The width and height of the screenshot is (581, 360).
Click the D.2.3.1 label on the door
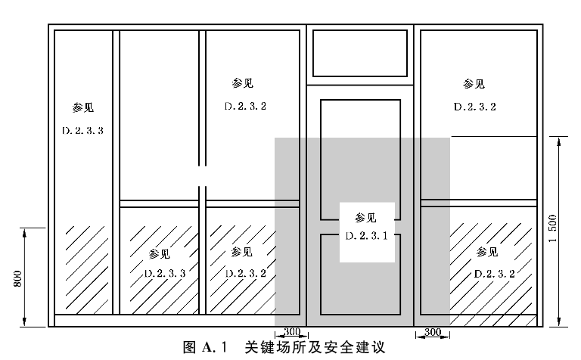(x=366, y=236)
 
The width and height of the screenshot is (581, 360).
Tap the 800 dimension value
(x=17, y=278)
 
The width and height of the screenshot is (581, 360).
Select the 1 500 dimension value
(x=553, y=228)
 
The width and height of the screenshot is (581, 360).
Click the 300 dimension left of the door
(x=292, y=331)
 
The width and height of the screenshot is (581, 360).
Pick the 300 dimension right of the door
(x=433, y=332)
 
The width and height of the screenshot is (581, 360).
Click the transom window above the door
(x=360, y=54)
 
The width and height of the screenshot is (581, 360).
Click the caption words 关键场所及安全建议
(x=315, y=347)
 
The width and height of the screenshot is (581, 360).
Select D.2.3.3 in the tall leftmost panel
(x=82, y=131)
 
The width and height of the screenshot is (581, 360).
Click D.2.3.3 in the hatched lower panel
(x=165, y=274)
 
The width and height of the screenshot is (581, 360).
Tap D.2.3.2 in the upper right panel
(x=475, y=107)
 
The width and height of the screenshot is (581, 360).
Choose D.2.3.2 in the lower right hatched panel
(x=495, y=274)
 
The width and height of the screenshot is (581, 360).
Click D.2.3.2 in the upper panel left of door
(x=245, y=107)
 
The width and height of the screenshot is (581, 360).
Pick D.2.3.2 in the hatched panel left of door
(x=246, y=273)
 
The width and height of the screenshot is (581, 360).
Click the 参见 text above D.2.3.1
(x=365, y=218)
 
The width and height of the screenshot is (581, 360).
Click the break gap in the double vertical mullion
(x=202, y=176)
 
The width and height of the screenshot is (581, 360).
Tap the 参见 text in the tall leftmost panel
(x=83, y=108)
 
